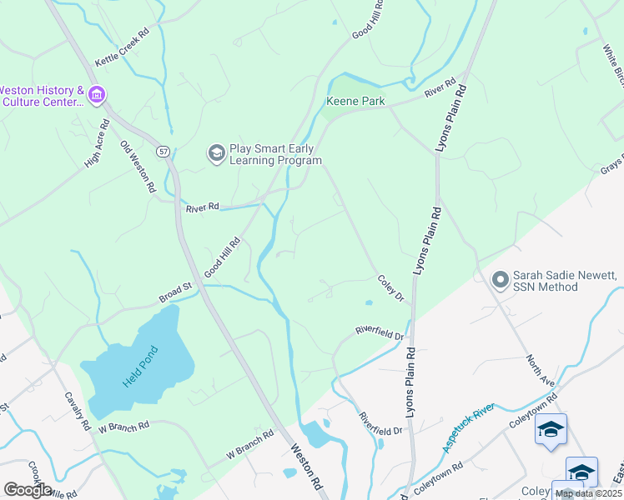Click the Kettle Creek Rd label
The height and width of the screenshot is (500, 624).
122,47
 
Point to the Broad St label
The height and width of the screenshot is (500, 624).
176,292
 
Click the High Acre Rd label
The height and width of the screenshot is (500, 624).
98,143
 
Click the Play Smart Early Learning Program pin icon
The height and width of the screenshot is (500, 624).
217,153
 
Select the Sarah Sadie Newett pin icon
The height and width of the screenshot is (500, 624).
501,280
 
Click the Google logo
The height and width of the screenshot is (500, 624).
28,489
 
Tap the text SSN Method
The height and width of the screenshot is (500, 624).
545,287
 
